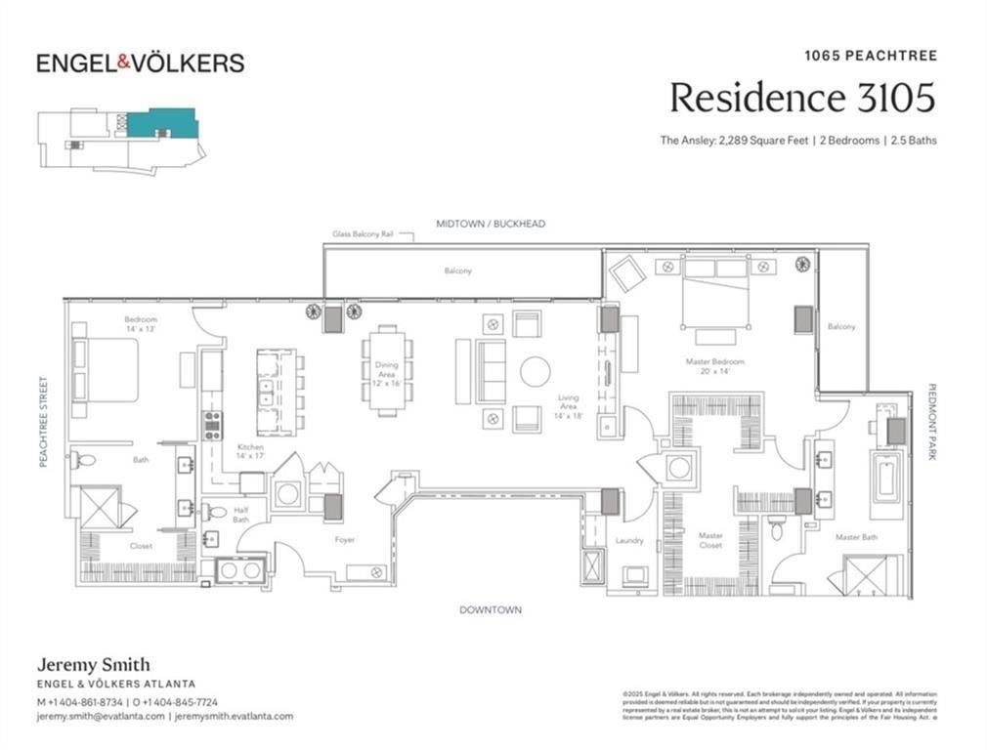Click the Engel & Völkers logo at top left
pyautogui.click(x=140, y=63)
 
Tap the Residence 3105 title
pyautogui.click(x=801, y=98)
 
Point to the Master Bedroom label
pyautogui.click(x=714, y=366)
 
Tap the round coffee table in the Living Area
pyautogui.click(x=535, y=371)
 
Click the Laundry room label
pyautogui.click(x=629, y=540)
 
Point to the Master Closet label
pyautogui.click(x=710, y=540)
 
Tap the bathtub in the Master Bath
pyautogui.click(x=885, y=478)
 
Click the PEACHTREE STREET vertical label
pyautogui.click(x=43, y=421)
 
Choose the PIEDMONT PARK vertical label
pyautogui.click(x=931, y=421)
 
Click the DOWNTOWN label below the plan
pyautogui.click(x=491, y=610)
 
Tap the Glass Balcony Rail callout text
pyautogui.click(x=362, y=234)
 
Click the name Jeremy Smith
pyautogui.click(x=93, y=665)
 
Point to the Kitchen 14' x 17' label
pyautogui.click(x=249, y=452)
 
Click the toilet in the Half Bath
pyautogui.click(x=216, y=511)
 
